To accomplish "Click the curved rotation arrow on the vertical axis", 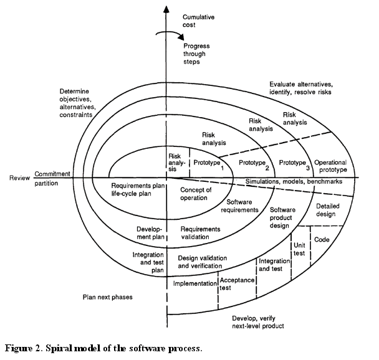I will [167, 35].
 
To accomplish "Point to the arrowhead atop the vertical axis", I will [166, 8].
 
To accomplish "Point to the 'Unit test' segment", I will [299, 249].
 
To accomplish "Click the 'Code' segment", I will [322, 239].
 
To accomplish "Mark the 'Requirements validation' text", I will [200, 233].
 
